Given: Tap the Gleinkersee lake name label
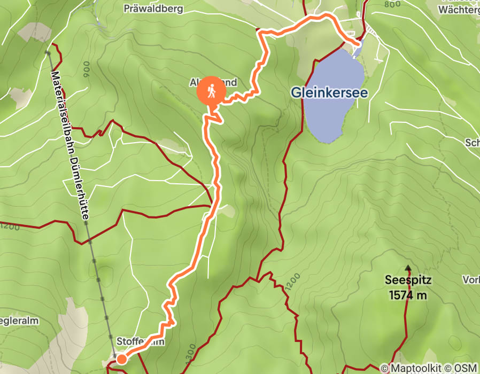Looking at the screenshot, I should click(x=329, y=92).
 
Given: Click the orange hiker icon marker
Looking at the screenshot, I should click(x=212, y=91).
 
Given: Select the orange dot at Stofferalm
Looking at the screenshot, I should click(x=121, y=359).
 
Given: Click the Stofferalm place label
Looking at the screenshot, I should click(x=140, y=341).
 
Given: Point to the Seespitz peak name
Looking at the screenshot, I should click(x=408, y=279).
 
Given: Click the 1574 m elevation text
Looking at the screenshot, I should click(x=408, y=294).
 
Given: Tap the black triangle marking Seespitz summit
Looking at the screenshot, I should click(x=408, y=268).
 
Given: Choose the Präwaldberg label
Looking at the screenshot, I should click(x=153, y=9).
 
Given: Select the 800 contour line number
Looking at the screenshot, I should click(x=392, y=4).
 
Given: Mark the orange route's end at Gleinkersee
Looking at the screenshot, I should click(x=357, y=43).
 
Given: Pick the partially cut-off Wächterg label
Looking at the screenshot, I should click(x=458, y=9).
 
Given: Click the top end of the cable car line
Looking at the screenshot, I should click(x=48, y=52).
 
